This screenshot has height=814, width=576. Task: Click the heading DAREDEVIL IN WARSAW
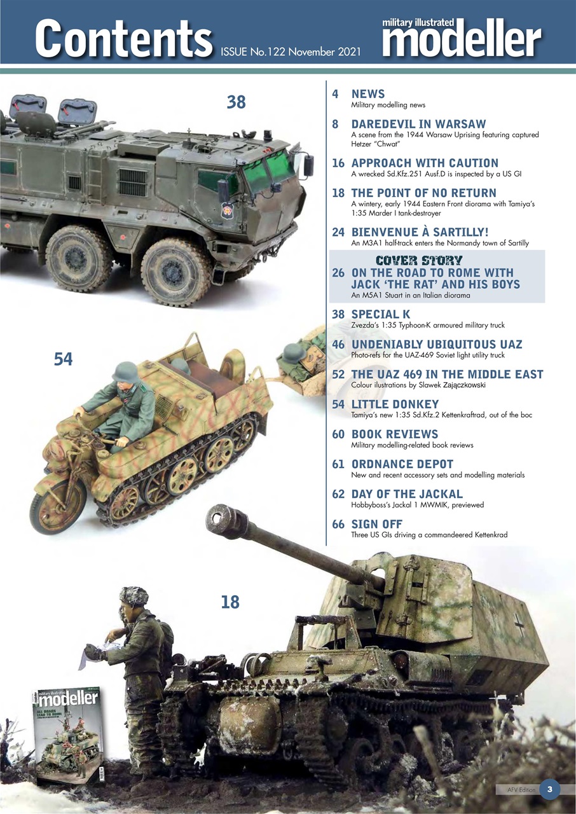point(418,124)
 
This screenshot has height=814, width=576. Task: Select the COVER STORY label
point(418,259)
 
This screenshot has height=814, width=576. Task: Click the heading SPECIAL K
point(381,314)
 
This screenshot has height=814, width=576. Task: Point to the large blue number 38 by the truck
point(236,102)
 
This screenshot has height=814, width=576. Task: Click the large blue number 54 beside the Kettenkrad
point(63,359)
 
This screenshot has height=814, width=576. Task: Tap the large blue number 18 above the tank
point(230,601)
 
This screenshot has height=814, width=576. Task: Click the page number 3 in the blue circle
point(549,790)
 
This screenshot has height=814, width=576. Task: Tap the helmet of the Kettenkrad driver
point(125,371)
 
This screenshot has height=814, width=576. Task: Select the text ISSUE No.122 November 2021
point(290,51)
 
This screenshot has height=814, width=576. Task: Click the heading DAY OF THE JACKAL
point(407,494)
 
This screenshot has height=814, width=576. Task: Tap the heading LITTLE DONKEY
point(395,404)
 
